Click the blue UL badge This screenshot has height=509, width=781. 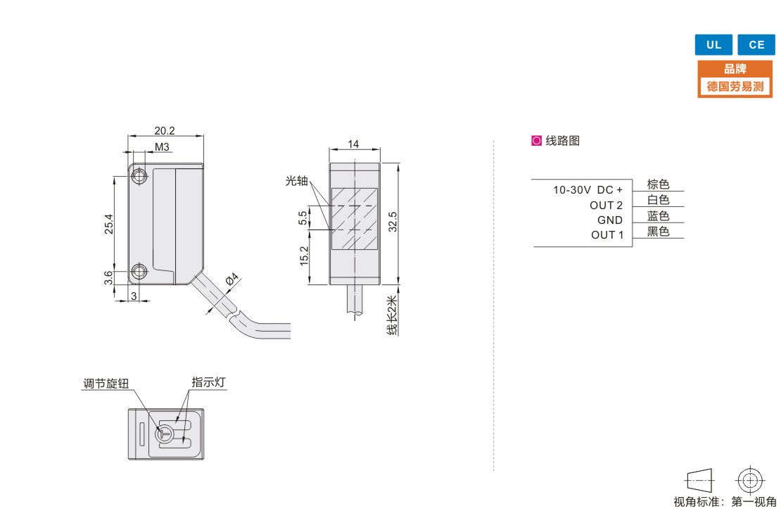pos(713,44)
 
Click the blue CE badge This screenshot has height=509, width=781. pos(756,44)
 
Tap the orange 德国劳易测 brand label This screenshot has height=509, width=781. pos(735,87)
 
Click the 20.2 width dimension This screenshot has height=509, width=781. pos(165,131)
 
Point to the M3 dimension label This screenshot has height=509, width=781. pos(162,147)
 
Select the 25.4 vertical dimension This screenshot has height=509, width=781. pos(108,224)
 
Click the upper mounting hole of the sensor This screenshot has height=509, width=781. pos(139,177)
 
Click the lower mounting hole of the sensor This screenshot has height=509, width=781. pos(139,272)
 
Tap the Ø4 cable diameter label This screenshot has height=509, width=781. pos(231,279)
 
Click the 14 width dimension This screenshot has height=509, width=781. pos(353,144)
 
